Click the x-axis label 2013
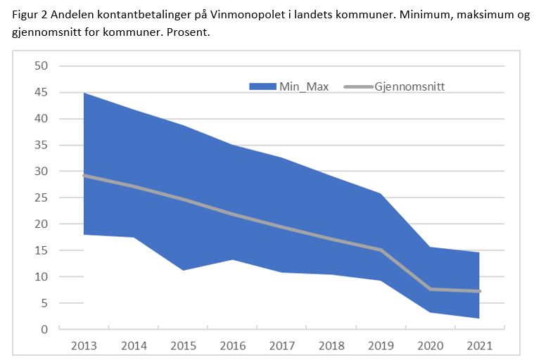(x=84, y=347)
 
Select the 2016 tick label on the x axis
(x=233, y=347)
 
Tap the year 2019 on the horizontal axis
(x=381, y=347)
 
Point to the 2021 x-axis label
(x=480, y=347)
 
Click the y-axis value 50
(x=42, y=66)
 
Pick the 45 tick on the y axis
(x=42, y=93)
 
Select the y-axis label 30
(x=42, y=172)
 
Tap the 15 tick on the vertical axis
(x=42, y=250)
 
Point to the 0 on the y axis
(x=44, y=329)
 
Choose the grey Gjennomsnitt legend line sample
(x=357, y=86)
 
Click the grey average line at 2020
(x=431, y=289)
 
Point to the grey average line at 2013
(x=84, y=175)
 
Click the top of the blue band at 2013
(x=84, y=93)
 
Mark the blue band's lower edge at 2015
(x=184, y=270)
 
